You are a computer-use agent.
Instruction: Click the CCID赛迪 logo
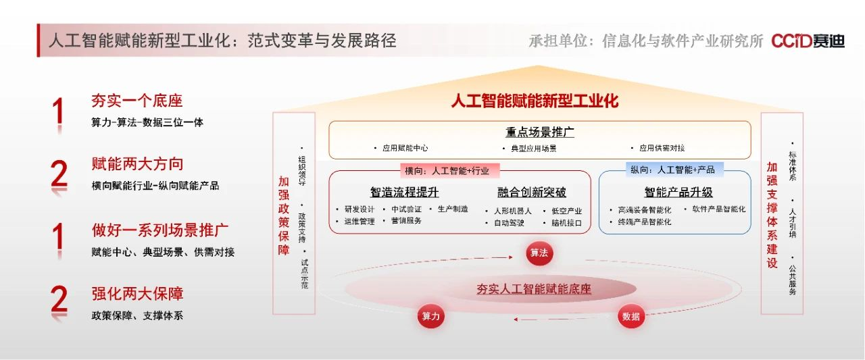(x=808, y=41)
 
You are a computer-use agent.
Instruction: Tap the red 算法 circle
(x=539, y=253)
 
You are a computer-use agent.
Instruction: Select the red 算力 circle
(x=431, y=316)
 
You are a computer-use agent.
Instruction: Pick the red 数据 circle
(x=631, y=316)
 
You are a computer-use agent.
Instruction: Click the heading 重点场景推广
(x=539, y=132)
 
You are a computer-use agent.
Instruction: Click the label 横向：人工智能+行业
(x=447, y=171)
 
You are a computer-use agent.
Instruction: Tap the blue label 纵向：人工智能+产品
(x=672, y=170)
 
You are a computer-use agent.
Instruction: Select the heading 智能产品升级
(x=678, y=192)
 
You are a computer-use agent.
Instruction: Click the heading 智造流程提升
(x=404, y=192)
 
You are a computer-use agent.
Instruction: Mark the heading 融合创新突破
(x=532, y=192)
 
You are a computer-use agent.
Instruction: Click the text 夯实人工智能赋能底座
(x=534, y=289)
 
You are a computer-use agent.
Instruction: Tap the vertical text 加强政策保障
(x=284, y=215)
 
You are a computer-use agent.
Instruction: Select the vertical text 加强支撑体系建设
(x=772, y=215)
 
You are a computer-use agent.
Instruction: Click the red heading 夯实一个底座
(x=137, y=101)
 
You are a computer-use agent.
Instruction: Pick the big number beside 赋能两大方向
(x=59, y=176)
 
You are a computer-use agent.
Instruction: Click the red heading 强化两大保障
(x=137, y=294)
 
